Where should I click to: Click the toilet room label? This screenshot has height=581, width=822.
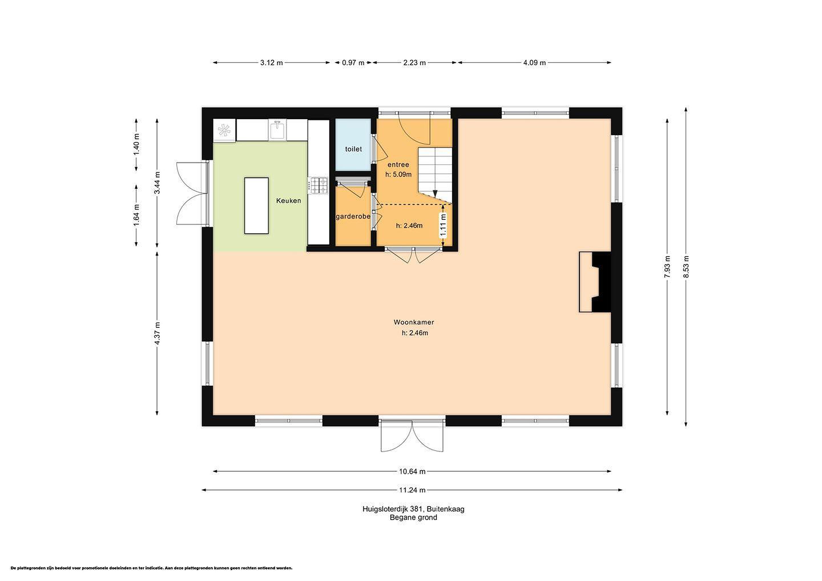[x=353, y=149]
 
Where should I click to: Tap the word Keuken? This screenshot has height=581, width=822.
[x=289, y=201]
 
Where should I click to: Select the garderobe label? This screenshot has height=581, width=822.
[x=353, y=217]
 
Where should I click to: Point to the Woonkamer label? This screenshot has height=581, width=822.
[x=414, y=322]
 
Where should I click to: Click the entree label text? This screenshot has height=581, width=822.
[x=398, y=165]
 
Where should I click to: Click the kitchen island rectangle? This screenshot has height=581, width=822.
[x=256, y=206]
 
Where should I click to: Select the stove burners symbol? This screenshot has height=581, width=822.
[x=318, y=186]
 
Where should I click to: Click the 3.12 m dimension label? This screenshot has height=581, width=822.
[x=271, y=63]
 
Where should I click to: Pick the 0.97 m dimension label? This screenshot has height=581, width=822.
[x=353, y=63]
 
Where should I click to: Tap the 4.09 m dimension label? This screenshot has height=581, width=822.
[x=535, y=63]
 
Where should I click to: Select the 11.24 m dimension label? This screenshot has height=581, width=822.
[x=412, y=490]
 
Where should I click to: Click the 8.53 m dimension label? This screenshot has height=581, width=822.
[x=686, y=267]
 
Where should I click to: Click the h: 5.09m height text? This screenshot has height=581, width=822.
[x=398, y=175]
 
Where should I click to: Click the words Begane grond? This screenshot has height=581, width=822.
[x=414, y=517]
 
